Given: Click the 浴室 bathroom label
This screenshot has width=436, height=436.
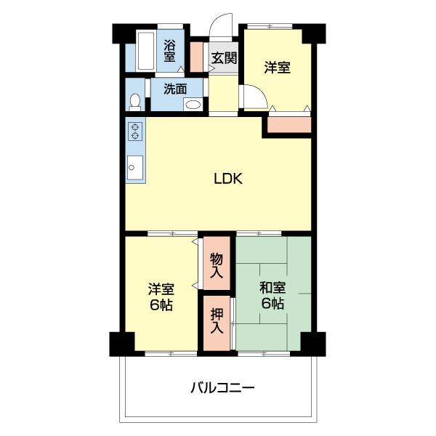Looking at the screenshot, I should (x=169, y=49).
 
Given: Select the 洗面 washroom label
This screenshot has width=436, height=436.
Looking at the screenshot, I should (x=174, y=89).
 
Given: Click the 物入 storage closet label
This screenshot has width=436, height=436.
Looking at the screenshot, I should (x=217, y=265).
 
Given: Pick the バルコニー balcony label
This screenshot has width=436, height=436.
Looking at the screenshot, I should (x=223, y=387).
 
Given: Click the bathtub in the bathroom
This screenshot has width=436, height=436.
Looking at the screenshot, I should (x=144, y=51).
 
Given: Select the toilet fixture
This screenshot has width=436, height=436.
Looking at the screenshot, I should (x=134, y=100).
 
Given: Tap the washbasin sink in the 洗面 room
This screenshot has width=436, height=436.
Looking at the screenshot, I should (x=193, y=105).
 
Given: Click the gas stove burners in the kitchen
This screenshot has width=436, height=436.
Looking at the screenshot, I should (x=135, y=131).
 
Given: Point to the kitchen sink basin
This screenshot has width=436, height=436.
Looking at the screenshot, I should (x=134, y=166).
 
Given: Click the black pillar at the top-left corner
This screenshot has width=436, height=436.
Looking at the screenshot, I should (x=124, y=33).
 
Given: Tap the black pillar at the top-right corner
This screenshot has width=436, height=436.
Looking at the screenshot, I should (x=314, y=33).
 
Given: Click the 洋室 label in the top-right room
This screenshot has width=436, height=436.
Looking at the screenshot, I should (x=277, y=68).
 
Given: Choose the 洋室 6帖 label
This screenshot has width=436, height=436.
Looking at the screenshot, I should (x=161, y=296).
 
